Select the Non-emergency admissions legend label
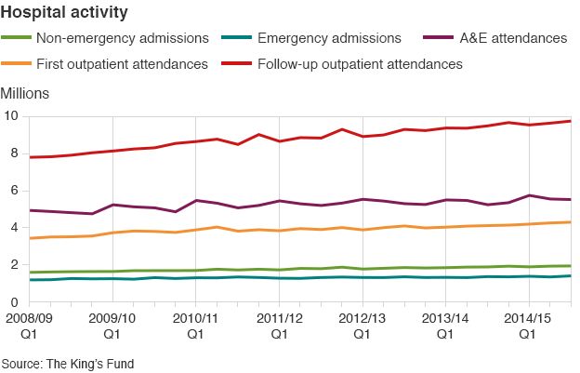(x=122, y=38)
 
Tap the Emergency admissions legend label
(x=329, y=38)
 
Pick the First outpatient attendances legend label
(x=122, y=64)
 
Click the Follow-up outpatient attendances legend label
(x=362, y=64)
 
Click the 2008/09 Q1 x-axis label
(x=28, y=325)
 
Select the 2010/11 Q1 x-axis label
(x=195, y=325)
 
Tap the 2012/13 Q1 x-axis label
(x=362, y=325)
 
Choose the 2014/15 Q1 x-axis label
(x=528, y=325)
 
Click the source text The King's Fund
(x=68, y=364)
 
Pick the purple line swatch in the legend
(x=438, y=38)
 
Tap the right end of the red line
(x=570, y=121)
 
